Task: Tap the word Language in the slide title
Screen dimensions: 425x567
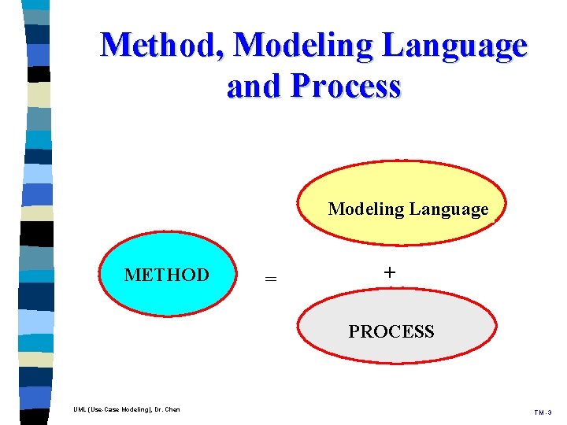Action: (455, 46)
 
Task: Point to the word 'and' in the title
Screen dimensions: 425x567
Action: (254, 86)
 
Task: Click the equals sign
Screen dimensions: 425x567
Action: (270, 278)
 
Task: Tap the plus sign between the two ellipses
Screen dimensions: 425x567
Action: (389, 272)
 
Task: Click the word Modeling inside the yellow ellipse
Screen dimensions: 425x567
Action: (364, 209)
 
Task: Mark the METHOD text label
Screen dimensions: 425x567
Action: (167, 275)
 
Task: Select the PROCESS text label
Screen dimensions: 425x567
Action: (391, 331)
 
